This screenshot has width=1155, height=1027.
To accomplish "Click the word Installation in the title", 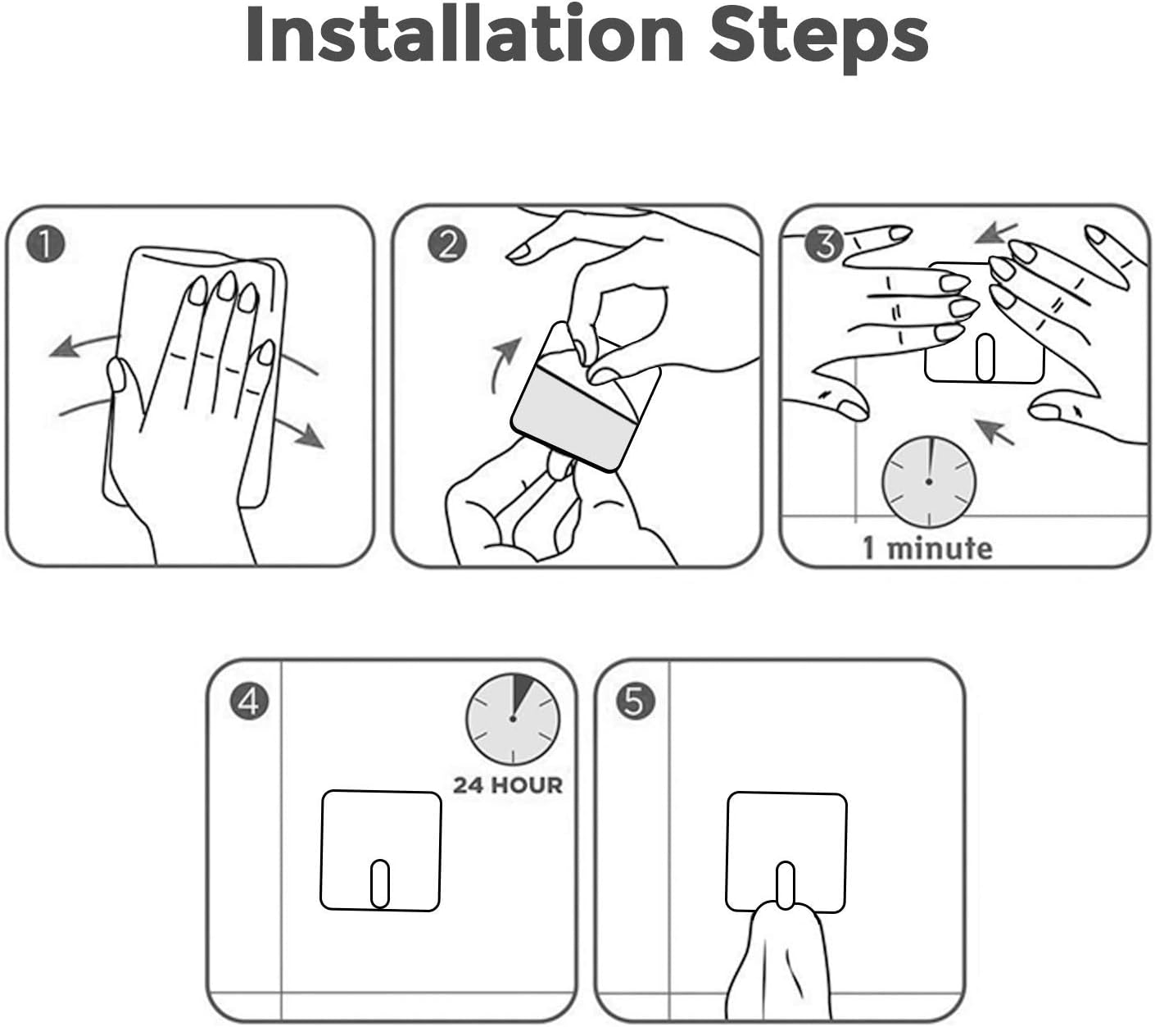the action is coord(464,34).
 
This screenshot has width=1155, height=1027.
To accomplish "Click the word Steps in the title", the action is coord(818,39).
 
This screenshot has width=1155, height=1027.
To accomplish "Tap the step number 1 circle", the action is coord(45,244).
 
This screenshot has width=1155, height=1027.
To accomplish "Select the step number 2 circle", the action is coord(447,244).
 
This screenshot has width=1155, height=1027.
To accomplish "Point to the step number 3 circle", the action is coord(824,243).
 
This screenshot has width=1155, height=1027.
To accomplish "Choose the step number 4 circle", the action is coord(249,701).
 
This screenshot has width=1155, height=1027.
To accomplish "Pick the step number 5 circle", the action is coord(636,701).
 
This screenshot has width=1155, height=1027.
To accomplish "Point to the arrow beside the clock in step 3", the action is coord(994,431).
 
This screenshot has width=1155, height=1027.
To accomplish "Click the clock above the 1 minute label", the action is coord(929,482).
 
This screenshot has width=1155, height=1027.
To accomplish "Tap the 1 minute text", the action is coord(927,548).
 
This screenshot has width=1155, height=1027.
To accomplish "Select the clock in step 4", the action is coord(513,719).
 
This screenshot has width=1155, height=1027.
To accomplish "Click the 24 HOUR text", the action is coord(508,786).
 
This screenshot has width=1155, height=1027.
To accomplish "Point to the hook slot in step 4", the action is coord(380,883).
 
